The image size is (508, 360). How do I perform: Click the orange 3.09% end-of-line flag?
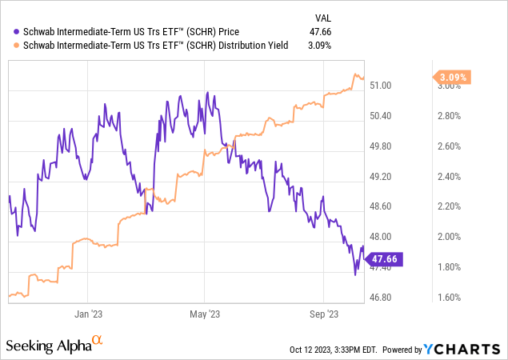(454, 78)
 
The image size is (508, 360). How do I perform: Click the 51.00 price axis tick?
(402, 86)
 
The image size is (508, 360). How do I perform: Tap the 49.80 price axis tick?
(402, 146)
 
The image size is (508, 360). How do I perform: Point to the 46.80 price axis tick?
(402, 298)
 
